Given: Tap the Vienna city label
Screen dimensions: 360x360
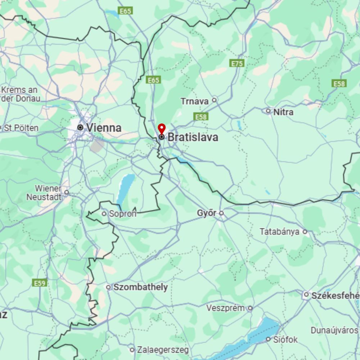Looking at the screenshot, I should click(104, 128).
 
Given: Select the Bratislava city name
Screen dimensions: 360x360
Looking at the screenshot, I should click(193, 137).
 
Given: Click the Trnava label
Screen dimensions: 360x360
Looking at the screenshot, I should click(194, 102).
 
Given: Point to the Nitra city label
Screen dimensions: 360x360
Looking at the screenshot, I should click(283, 112).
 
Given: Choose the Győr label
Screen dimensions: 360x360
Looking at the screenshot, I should click(206, 213).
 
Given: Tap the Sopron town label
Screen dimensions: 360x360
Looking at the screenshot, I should click(122, 214).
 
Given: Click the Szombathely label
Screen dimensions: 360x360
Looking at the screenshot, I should click(140, 287).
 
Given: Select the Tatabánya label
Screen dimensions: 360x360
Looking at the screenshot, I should click(279, 232).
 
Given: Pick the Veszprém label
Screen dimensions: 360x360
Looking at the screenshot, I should click(225, 308).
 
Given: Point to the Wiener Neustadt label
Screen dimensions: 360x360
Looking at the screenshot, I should click(44, 193).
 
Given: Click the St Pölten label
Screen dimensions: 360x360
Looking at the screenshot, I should click(21, 128).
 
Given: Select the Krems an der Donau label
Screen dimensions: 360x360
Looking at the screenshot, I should click(20, 94).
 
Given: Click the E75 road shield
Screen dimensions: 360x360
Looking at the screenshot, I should click(237, 64).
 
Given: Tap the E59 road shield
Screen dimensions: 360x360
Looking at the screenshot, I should click(40, 283).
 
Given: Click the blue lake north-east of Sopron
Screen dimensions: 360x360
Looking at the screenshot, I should click(126, 187).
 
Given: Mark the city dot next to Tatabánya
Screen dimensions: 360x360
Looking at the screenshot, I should click(305, 232).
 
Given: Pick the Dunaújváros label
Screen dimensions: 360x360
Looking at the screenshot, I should click(335, 330).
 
